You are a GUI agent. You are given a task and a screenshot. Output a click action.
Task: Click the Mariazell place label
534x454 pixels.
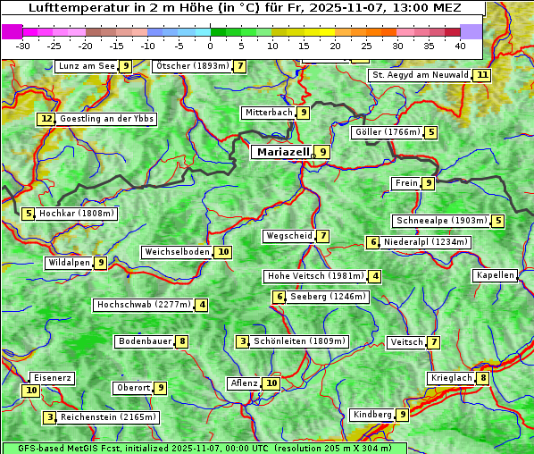[282, 152]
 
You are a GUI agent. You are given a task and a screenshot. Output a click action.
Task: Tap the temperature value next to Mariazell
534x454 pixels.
[322, 152]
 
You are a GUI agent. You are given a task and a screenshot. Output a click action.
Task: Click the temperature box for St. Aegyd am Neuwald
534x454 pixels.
[482, 75]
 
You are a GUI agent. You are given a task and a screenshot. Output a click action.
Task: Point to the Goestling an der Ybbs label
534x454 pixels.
[106, 119]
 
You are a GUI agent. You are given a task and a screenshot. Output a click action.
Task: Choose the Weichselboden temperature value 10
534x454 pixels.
[223, 252]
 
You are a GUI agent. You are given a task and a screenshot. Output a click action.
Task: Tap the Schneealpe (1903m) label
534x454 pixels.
[440, 221]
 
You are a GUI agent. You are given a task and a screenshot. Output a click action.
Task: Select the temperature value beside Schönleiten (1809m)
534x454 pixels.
[243, 341]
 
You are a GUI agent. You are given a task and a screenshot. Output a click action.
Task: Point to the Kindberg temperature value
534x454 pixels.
[403, 415]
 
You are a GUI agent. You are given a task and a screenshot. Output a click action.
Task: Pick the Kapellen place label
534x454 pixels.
[495, 275]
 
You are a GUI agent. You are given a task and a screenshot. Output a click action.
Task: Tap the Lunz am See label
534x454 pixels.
[87, 66]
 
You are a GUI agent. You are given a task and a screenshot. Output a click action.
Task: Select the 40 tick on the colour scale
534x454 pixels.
[460, 45]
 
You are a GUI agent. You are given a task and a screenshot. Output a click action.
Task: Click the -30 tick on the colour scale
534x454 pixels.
[24, 45]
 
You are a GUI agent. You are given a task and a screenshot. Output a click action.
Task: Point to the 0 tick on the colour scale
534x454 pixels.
[211, 45]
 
